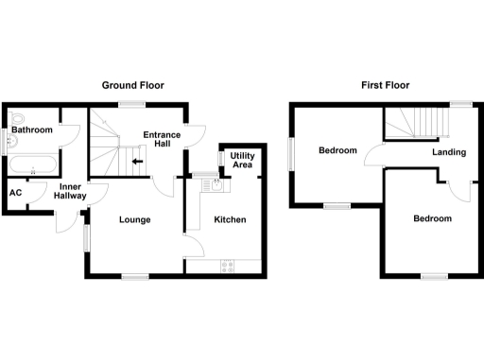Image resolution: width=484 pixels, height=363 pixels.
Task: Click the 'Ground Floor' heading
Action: point(133,85)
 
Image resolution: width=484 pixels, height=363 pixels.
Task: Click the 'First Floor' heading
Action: point(385,85)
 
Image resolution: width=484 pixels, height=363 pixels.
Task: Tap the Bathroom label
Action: point(32,129)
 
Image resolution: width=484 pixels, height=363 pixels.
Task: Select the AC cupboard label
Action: point(15,194)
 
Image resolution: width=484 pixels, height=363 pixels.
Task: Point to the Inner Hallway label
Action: point(71,190)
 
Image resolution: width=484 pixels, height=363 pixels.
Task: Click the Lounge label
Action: point(134,220)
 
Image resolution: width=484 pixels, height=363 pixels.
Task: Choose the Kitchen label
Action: point(230,220)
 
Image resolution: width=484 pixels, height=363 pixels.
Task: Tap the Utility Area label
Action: point(241,160)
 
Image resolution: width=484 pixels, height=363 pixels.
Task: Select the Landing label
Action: point(448,151)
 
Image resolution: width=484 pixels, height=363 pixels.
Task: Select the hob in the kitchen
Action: point(227,266)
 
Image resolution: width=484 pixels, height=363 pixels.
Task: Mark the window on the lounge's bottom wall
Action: point(134,275)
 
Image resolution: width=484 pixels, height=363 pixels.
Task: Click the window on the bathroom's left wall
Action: point(3,141)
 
